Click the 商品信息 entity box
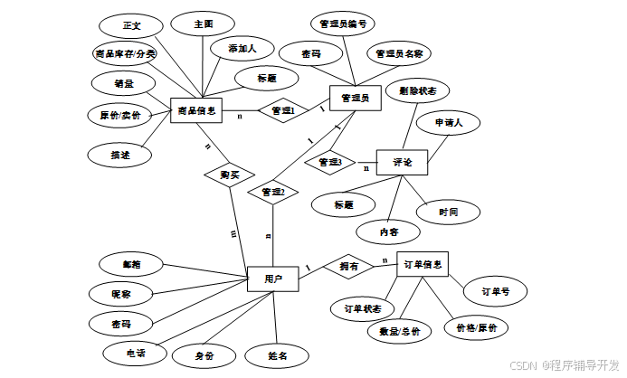point(196,111)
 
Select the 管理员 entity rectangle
point(354,98)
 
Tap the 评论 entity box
point(402,163)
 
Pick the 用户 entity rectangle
point(273,279)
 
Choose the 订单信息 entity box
point(423,264)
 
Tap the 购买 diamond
point(229,175)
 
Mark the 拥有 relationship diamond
point(348,267)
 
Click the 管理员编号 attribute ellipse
point(341,24)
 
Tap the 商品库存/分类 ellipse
point(125,54)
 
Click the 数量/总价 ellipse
point(399,332)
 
